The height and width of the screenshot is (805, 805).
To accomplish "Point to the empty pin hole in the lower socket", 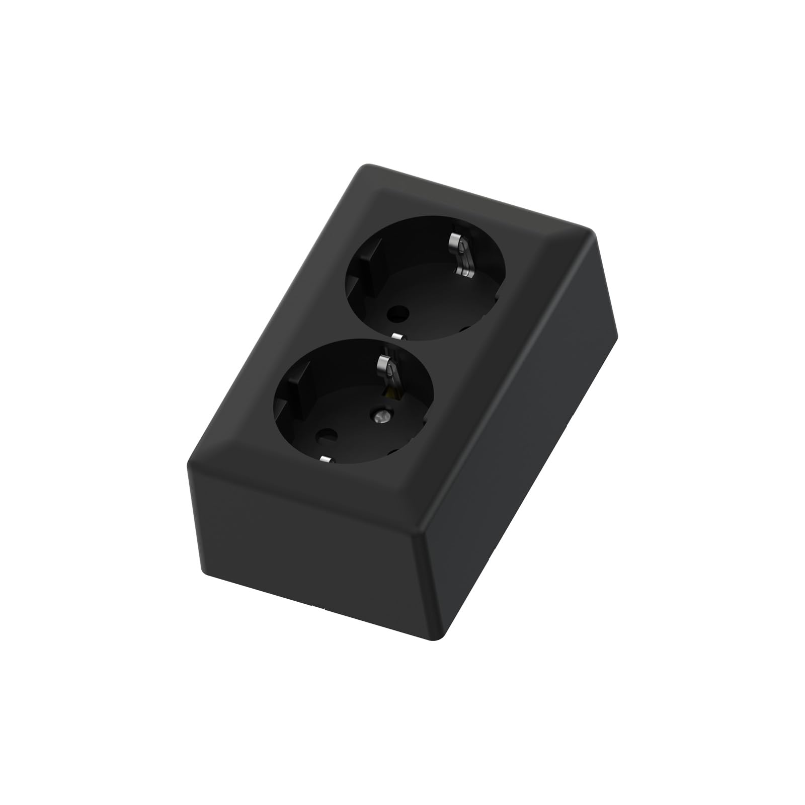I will click(328, 432).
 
